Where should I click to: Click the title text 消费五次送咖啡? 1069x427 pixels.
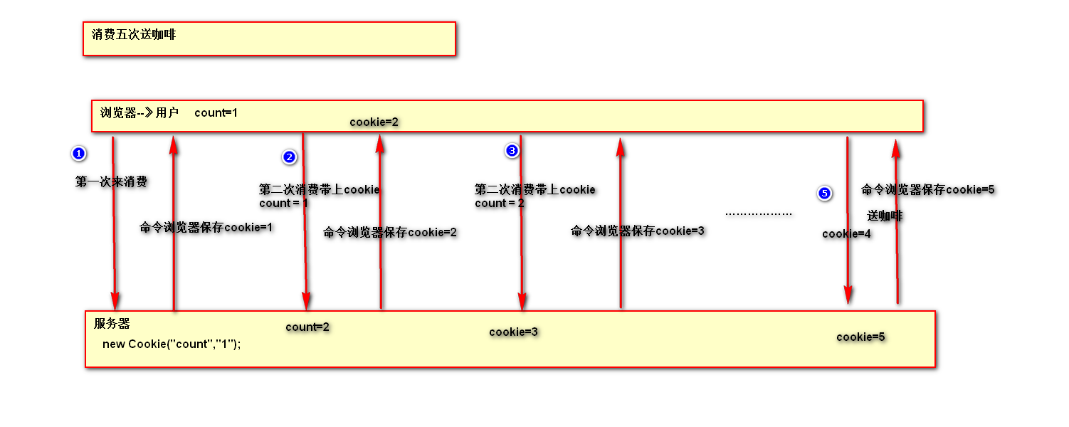tap(134, 34)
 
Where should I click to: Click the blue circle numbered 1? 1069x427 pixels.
tap(79, 153)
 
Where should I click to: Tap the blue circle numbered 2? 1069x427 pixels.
tap(289, 157)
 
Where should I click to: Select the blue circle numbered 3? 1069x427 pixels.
tap(512, 150)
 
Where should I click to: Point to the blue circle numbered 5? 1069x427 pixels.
tap(824, 193)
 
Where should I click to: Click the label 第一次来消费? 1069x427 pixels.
tap(111, 182)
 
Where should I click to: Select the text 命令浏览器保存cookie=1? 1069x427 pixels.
tap(206, 228)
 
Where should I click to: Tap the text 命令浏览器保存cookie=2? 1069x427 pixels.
tap(390, 232)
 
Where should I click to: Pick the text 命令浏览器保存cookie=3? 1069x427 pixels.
tap(638, 231)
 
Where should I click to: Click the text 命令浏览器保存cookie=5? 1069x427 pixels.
tap(927, 189)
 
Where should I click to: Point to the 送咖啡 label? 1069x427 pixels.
tap(885, 216)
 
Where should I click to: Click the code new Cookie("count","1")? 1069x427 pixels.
tap(172, 344)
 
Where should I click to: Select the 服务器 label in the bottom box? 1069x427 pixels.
tap(112, 324)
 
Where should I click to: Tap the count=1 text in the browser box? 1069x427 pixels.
tap(216, 112)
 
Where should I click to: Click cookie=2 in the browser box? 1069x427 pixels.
tap(374, 122)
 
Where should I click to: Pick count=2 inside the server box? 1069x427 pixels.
tap(307, 327)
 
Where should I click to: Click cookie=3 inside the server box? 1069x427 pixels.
tap(513, 332)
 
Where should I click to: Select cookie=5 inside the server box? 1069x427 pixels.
tap(860, 337)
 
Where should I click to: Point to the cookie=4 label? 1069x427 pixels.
tap(846, 233)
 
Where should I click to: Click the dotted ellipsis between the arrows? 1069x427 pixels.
tap(758, 213)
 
